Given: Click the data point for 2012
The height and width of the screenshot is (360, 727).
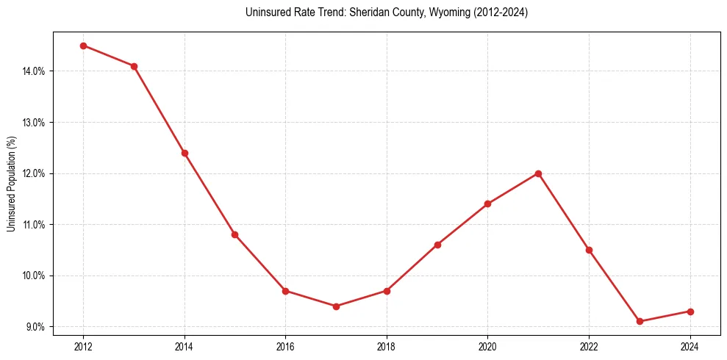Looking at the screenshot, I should [x=83, y=46].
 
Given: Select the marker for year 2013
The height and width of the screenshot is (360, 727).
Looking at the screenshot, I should [x=134, y=66].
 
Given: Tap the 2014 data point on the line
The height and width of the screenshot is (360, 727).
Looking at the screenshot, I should [x=185, y=153].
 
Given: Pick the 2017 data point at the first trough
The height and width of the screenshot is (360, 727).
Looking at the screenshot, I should [x=336, y=306].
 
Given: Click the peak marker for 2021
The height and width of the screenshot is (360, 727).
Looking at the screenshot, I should [x=538, y=173].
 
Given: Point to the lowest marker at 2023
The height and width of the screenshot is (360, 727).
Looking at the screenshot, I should [x=640, y=321].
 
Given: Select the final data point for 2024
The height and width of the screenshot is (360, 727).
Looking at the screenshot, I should [x=690, y=312].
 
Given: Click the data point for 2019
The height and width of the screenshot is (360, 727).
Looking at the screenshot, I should [x=437, y=245].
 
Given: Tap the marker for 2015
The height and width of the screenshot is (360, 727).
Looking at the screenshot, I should [x=234, y=234].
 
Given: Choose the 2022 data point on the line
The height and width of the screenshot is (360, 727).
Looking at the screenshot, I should [x=589, y=250].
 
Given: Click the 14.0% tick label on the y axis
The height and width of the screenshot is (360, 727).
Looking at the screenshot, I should [x=35, y=71].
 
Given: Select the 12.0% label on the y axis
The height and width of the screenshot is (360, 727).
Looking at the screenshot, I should [x=35, y=173].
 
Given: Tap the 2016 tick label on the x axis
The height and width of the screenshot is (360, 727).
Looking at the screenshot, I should [x=285, y=346].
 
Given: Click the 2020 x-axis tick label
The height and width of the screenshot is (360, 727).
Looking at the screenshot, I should [x=487, y=346].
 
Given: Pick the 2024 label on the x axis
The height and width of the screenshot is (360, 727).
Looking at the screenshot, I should [x=690, y=346].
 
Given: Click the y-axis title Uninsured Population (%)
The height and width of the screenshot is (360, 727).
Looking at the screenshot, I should [x=11, y=184].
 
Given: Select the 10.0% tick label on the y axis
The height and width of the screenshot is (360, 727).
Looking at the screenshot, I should [x=35, y=276].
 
